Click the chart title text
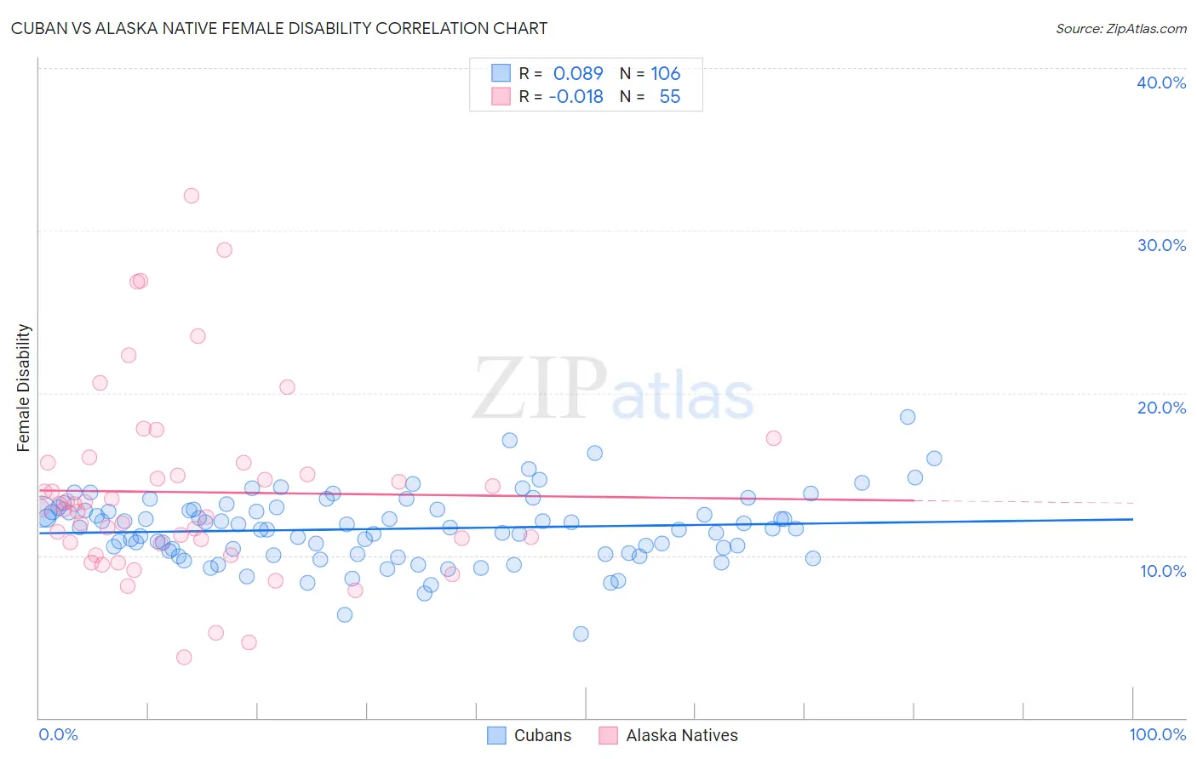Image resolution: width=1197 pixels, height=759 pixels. pos(279,28)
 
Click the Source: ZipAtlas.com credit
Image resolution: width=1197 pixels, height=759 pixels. pos(1120,28)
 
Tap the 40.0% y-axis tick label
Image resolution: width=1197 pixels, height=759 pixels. pos(1160,83)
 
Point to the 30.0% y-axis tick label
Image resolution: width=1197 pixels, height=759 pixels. pos(1160,245)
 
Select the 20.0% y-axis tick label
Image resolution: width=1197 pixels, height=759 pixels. pos(1160,408)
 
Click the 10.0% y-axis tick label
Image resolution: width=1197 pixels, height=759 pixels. pos(1162,571)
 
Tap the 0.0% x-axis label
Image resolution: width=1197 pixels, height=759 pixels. pos(58,734)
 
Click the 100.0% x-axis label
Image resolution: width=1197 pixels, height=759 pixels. pos(1157,734)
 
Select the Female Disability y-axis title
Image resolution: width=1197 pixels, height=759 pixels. pos(24,387)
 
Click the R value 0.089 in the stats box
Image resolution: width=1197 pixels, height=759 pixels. pos(578,74)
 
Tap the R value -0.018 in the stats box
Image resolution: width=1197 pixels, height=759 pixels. pos(576,97)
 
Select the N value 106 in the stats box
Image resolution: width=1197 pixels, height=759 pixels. pos(665,74)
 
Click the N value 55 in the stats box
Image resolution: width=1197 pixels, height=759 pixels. pos(669,97)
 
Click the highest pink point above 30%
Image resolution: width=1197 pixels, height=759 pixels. pos(192,196)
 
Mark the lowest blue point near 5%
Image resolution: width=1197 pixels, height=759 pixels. pos(581,634)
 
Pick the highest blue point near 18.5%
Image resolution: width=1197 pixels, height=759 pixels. pos(908,417)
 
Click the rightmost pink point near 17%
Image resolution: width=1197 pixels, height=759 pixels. pos(773,438)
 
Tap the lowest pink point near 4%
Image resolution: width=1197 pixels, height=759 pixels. pos(184,657)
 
